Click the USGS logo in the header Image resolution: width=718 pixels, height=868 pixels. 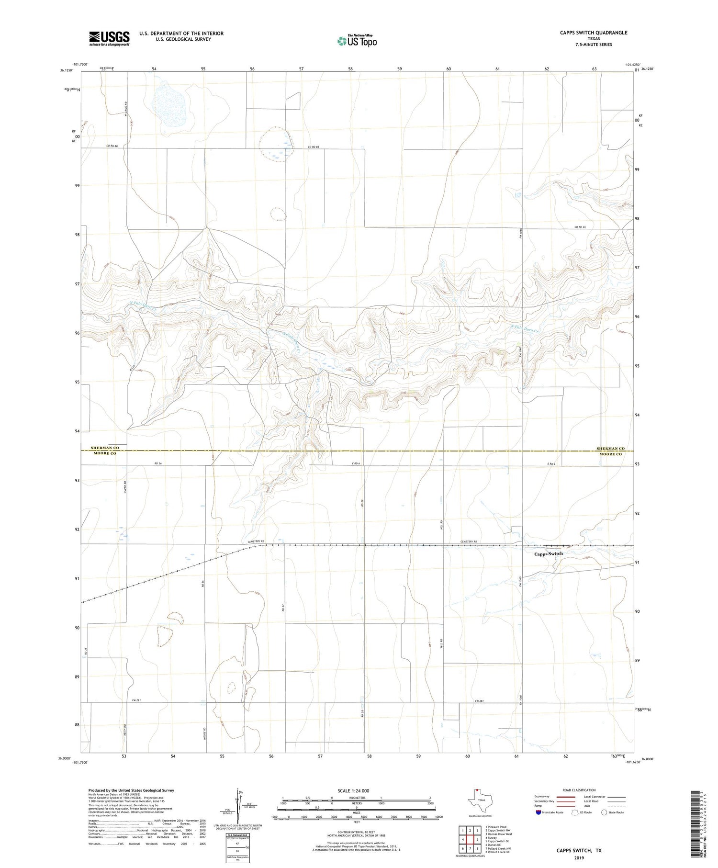109,38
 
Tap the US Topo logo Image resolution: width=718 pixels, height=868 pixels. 357,41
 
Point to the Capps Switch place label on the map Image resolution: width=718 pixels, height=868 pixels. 549,553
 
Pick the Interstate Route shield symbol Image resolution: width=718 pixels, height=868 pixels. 538,812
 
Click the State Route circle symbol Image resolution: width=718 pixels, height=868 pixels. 604,812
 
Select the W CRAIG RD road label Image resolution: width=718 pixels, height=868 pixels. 125,108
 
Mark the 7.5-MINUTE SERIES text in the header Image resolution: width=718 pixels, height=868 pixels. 594,45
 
